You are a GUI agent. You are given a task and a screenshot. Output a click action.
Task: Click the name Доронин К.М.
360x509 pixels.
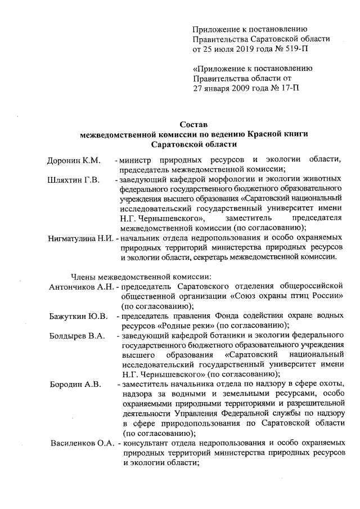[x=73, y=160]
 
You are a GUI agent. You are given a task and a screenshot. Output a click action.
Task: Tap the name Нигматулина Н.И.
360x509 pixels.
[x=80, y=238]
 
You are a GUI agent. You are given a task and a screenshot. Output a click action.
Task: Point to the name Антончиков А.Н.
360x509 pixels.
[x=81, y=287]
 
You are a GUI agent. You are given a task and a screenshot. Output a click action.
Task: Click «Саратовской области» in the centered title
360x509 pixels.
[x=194, y=144]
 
